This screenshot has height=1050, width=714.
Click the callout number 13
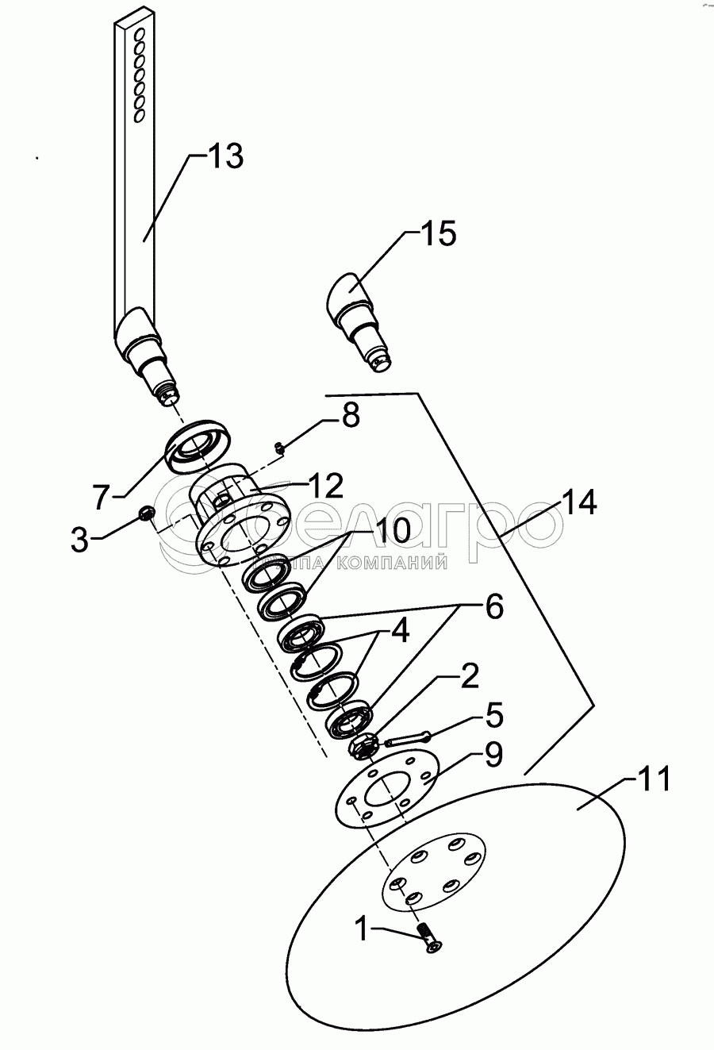click(x=225, y=156)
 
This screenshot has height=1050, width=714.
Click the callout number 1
click(x=361, y=928)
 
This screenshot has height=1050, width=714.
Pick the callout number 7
click(x=101, y=498)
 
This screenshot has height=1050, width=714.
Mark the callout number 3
click(x=79, y=540)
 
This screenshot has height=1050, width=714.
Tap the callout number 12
click(x=325, y=484)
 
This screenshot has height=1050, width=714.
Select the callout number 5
click(x=493, y=717)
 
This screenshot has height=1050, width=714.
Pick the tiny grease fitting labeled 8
click(x=279, y=448)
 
